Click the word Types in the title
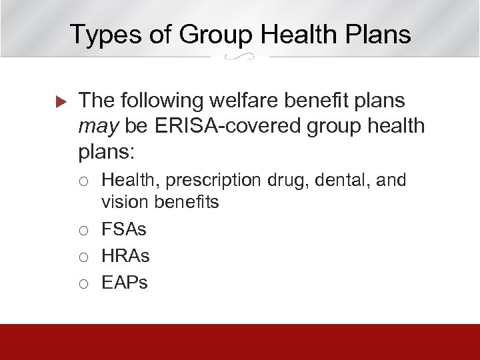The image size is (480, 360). [102, 34]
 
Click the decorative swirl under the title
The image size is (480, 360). [240, 57]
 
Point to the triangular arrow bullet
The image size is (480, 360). [58, 101]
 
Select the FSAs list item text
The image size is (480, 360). [124, 229]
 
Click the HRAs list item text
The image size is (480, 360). [125, 255]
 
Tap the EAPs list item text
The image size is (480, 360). [125, 282]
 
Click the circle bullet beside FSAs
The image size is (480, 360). [83, 230]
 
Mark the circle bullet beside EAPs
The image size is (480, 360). [83, 283]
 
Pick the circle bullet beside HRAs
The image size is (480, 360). [83, 256]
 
